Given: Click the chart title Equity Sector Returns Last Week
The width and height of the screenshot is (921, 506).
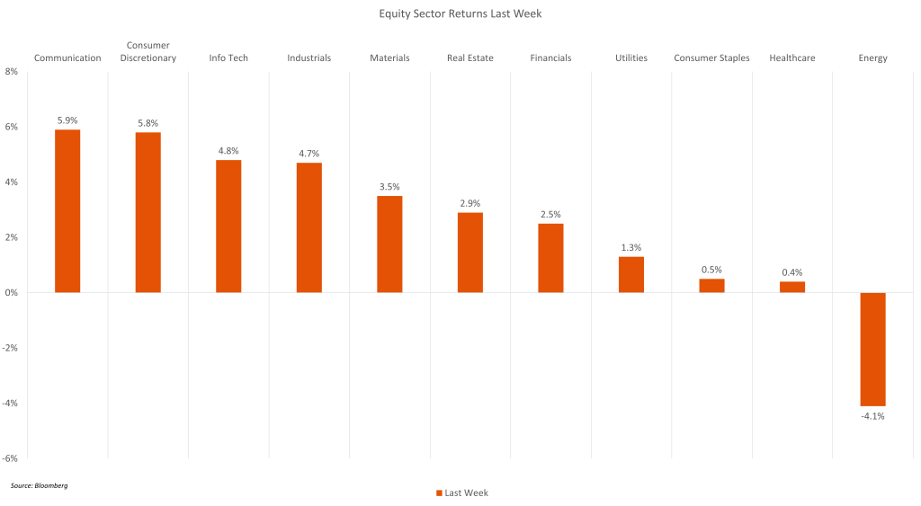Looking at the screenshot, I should [460, 13].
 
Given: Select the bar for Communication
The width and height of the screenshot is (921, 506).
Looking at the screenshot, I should [67, 211].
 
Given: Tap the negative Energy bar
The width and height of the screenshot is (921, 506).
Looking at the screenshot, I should [872, 349].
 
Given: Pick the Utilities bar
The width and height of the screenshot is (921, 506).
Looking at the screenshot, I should [631, 274].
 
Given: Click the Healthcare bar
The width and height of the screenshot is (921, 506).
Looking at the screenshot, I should [792, 287].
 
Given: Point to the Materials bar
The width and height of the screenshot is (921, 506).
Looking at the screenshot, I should [389, 244].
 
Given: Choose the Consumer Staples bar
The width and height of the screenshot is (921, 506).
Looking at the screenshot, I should [711, 285].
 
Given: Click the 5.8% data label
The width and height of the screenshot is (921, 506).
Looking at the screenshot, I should [148, 123].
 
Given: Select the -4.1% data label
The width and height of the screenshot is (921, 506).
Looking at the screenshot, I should [872, 415].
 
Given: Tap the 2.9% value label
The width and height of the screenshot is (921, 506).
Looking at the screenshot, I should [470, 203].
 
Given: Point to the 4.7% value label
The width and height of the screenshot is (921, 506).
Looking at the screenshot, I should [309, 154].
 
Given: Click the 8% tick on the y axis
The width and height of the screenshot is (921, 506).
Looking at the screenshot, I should [12, 72].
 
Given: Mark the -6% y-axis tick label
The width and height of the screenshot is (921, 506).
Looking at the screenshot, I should [12, 458].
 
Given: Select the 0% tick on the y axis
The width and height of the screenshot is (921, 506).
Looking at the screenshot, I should [12, 293].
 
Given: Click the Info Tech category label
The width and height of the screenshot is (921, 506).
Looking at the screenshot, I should [228, 58].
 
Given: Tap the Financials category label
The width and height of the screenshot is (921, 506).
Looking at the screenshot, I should [550, 58].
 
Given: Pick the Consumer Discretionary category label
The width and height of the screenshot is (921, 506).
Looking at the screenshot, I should [148, 52].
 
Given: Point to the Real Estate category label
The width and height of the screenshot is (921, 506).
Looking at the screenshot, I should [470, 58].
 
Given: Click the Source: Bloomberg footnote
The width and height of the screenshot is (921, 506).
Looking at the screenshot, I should [40, 485].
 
